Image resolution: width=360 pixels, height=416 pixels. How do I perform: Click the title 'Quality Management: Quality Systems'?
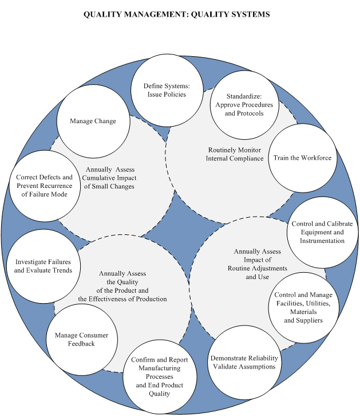(x=177, y=14)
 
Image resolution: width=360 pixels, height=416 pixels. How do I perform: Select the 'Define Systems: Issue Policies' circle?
(x=167, y=90)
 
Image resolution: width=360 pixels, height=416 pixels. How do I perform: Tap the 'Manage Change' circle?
(x=93, y=121)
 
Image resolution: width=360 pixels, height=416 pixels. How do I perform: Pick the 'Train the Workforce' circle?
(x=303, y=158)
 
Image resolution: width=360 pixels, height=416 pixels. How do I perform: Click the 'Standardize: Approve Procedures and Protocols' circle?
(x=244, y=105)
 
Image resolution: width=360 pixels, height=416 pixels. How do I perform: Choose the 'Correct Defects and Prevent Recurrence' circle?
(x=45, y=186)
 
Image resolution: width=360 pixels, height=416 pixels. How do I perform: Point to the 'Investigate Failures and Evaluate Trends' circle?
(x=43, y=266)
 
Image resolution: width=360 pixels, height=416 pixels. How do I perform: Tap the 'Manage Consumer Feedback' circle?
(x=82, y=340)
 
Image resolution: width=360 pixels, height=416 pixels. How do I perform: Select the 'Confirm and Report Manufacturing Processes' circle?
(x=160, y=376)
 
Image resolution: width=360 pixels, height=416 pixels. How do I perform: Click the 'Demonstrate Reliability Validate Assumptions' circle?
(x=244, y=362)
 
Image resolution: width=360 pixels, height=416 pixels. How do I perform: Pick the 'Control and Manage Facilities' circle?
(x=303, y=308)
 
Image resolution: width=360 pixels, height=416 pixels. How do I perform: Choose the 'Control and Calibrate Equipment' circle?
(x=322, y=233)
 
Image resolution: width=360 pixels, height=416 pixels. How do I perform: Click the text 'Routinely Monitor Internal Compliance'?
(x=235, y=154)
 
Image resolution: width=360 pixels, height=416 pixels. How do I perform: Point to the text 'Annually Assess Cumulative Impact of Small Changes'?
(x=109, y=178)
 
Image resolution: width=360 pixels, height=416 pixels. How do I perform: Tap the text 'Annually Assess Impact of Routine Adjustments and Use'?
(x=258, y=264)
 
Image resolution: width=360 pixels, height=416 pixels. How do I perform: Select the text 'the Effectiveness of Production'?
(x=122, y=299)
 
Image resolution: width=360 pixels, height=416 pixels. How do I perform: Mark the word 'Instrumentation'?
(x=322, y=241)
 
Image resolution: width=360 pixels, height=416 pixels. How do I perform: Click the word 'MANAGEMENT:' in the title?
(x=156, y=14)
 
